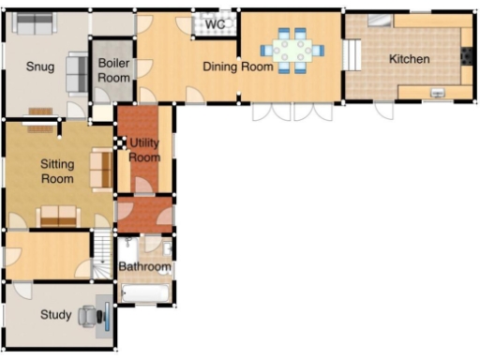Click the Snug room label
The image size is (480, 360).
point(40,67)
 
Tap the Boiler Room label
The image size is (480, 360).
point(113,70)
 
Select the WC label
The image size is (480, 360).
point(215,24)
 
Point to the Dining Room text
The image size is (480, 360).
point(238,67)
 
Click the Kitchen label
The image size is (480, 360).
point(409,59)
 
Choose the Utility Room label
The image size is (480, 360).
point(144,150)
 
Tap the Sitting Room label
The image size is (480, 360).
point(57,172)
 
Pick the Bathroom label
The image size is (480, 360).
point(144,267)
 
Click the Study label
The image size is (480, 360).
point(55,315)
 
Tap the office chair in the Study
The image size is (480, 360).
point(88,316)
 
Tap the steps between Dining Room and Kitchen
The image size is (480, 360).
point(353,56)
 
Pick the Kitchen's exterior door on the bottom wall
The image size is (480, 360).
point(384,110)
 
